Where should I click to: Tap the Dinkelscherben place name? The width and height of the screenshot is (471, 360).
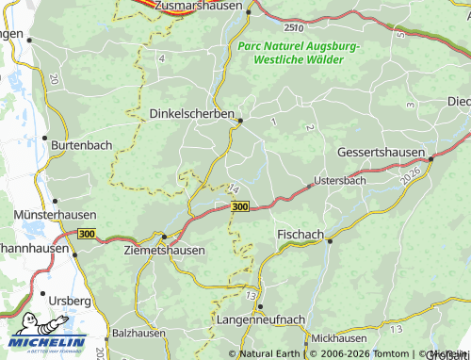(193, 113)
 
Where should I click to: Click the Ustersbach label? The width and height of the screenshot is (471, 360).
(339, 179)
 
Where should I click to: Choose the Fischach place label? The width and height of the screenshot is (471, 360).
(300, 233)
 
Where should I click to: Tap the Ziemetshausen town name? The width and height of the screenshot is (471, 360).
(165, 250)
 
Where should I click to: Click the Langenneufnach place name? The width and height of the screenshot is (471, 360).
(261, 319)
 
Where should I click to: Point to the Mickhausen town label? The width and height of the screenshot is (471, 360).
(337, 336)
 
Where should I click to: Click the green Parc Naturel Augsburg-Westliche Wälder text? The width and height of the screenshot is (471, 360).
(299, 52)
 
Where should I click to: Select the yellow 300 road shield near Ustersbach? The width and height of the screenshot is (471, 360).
(239, 206)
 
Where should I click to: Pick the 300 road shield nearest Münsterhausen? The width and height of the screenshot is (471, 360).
(88, 234)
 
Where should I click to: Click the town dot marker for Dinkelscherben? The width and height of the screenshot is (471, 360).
(241, 121)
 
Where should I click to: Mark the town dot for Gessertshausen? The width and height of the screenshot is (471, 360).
(430, 159)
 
